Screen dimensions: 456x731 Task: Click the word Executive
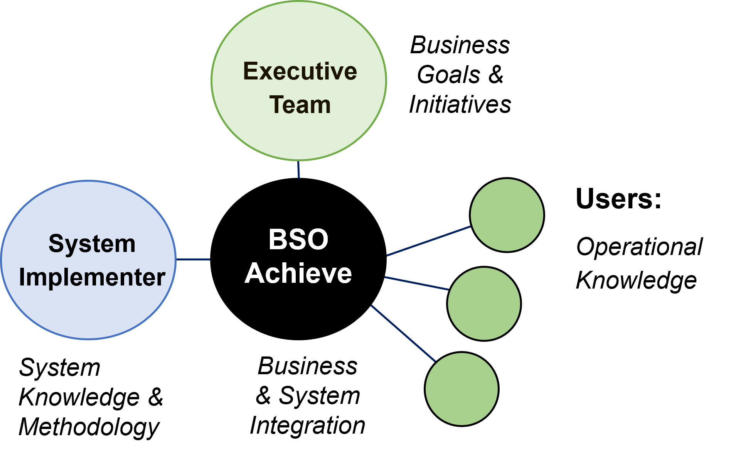(300, 71)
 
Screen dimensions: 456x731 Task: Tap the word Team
(300, 105)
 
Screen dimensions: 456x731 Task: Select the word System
(92, 244)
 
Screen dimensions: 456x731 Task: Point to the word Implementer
(92, 277)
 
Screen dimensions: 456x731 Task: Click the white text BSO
(298, 239)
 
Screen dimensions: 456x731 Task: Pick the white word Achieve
(298, 274)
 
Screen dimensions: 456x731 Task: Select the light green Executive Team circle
(299, 39)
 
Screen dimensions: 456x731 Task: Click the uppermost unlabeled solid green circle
(507, 215)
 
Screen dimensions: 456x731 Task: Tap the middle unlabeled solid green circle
(484, 304)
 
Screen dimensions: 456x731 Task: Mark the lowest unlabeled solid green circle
(462, 389)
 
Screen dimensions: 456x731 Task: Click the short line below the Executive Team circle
(298, 170)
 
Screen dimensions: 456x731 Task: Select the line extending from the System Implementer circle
(193, 259)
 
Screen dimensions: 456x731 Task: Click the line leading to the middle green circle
(417, 283)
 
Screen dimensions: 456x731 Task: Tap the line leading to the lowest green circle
(403, 333)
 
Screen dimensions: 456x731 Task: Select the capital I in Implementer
(22, 277)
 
